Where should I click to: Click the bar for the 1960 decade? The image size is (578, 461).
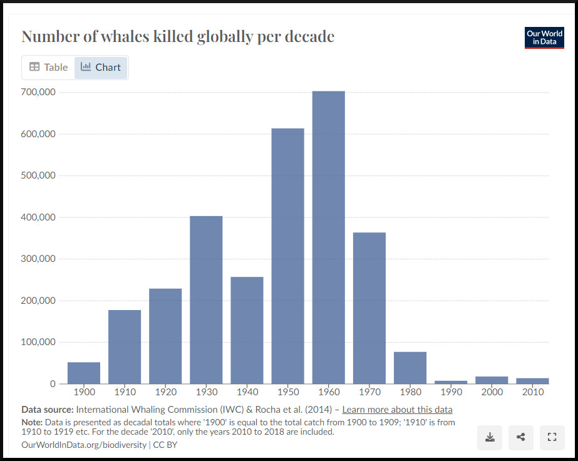[x=328, y=237]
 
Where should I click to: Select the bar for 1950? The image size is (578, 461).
[x=287, y=256]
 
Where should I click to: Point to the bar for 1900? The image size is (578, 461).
[x=84, y=373]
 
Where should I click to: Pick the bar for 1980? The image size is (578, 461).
[x=410, y=368]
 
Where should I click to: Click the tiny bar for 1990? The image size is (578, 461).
[x=451, y=381]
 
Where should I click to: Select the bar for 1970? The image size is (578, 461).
[x=369, y=308]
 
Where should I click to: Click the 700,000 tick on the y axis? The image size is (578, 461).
[x=39, y=92]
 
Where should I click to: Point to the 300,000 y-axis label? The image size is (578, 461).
[x=39, y=259]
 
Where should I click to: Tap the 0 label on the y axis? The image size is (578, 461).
[x=53, y=383]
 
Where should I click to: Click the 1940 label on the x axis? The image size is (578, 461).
[x=247, y=392]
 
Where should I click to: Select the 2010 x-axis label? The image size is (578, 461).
[x=532, y=392]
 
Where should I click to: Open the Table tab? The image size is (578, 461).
[x=48, y=68]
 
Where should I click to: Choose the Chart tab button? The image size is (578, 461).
[x=101, y=68]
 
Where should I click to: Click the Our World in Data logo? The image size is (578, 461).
[x=544, y=38]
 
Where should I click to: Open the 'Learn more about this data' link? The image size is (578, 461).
[x=397, y=410]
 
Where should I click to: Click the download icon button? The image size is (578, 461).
[x=490, y=437]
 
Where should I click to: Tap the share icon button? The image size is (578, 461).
[x=521, y=437]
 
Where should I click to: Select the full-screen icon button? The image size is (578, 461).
[x=552, y=437]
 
